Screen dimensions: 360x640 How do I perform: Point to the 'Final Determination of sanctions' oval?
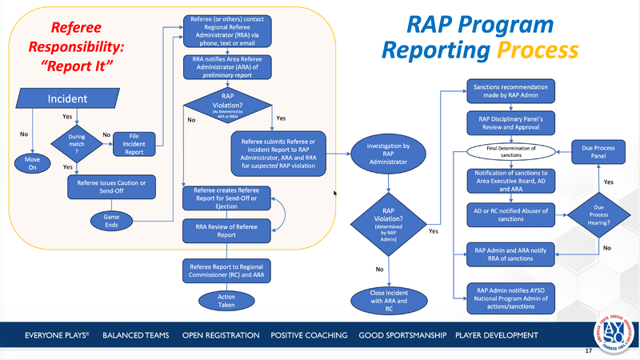coord(511,151)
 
